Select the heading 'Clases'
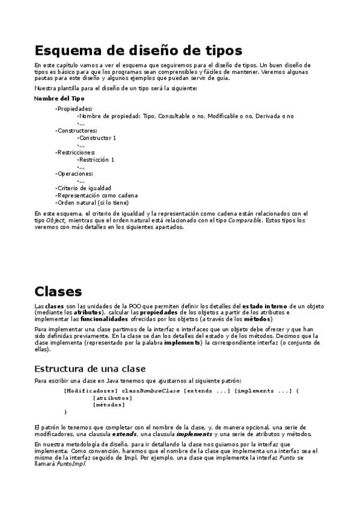(x=58, y=292)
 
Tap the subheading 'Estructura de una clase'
(x=90, y=368)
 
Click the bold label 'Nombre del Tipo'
(x=59, y=98)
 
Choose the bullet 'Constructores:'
(x=77, y=131)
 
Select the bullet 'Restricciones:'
(x=77, y=152)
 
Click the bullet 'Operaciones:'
(x=76, y=174)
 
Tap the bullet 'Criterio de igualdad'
(x=84, y=188)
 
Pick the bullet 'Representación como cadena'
(x=97, y=195)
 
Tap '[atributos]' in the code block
(x=112, y=398)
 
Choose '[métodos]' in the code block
(x=109, y=405)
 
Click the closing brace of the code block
(x=66, y=412)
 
